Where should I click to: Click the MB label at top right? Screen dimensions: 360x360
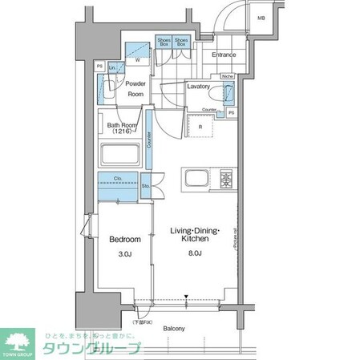pyautogui.click(x=261, y=17)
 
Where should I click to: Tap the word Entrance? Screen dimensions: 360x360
pyautogui.click(x=224, y=55)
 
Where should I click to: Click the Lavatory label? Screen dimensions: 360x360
pyautogui.click(x=198, y=86)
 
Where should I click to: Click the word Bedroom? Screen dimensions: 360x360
pyautogui.click(x=125, y=240)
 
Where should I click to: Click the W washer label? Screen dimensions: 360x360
pyautogui.click(x=138, y=60)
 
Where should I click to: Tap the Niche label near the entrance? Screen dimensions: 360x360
pyautogui.click(x=227, y=78)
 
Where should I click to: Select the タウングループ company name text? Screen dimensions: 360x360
pyautogui.click(x=92, y=348)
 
